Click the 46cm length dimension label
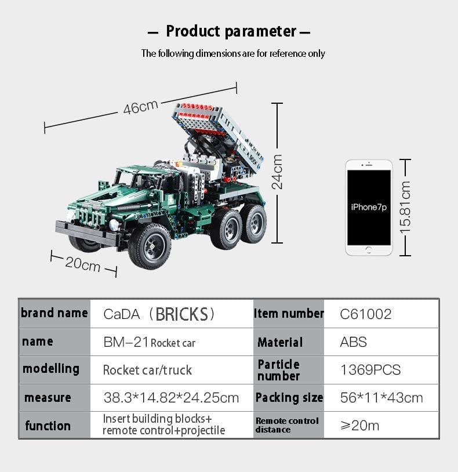[x=140, y=107]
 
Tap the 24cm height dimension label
[x=277, y=172]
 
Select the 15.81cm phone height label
[x=405, y=207]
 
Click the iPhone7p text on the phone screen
[x=369, y=207]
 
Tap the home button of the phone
[x=369, y=250]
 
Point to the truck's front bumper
[x=87, y=233]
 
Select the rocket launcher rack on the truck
[x=217, y=131]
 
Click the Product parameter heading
[x=231, y=31]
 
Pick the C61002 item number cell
[x=366, y=314]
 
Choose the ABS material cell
[x=353, y=342]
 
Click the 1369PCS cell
[x=370, y=370]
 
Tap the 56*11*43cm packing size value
[x=381, y=398]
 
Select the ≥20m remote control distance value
[x=359, y=426]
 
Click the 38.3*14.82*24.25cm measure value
[x=171, y=398]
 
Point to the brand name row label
[x=54, y=314]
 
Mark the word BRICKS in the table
[x=181, y=314]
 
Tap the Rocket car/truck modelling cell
[x=147, y=370]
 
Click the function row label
[x=48, y=426]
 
